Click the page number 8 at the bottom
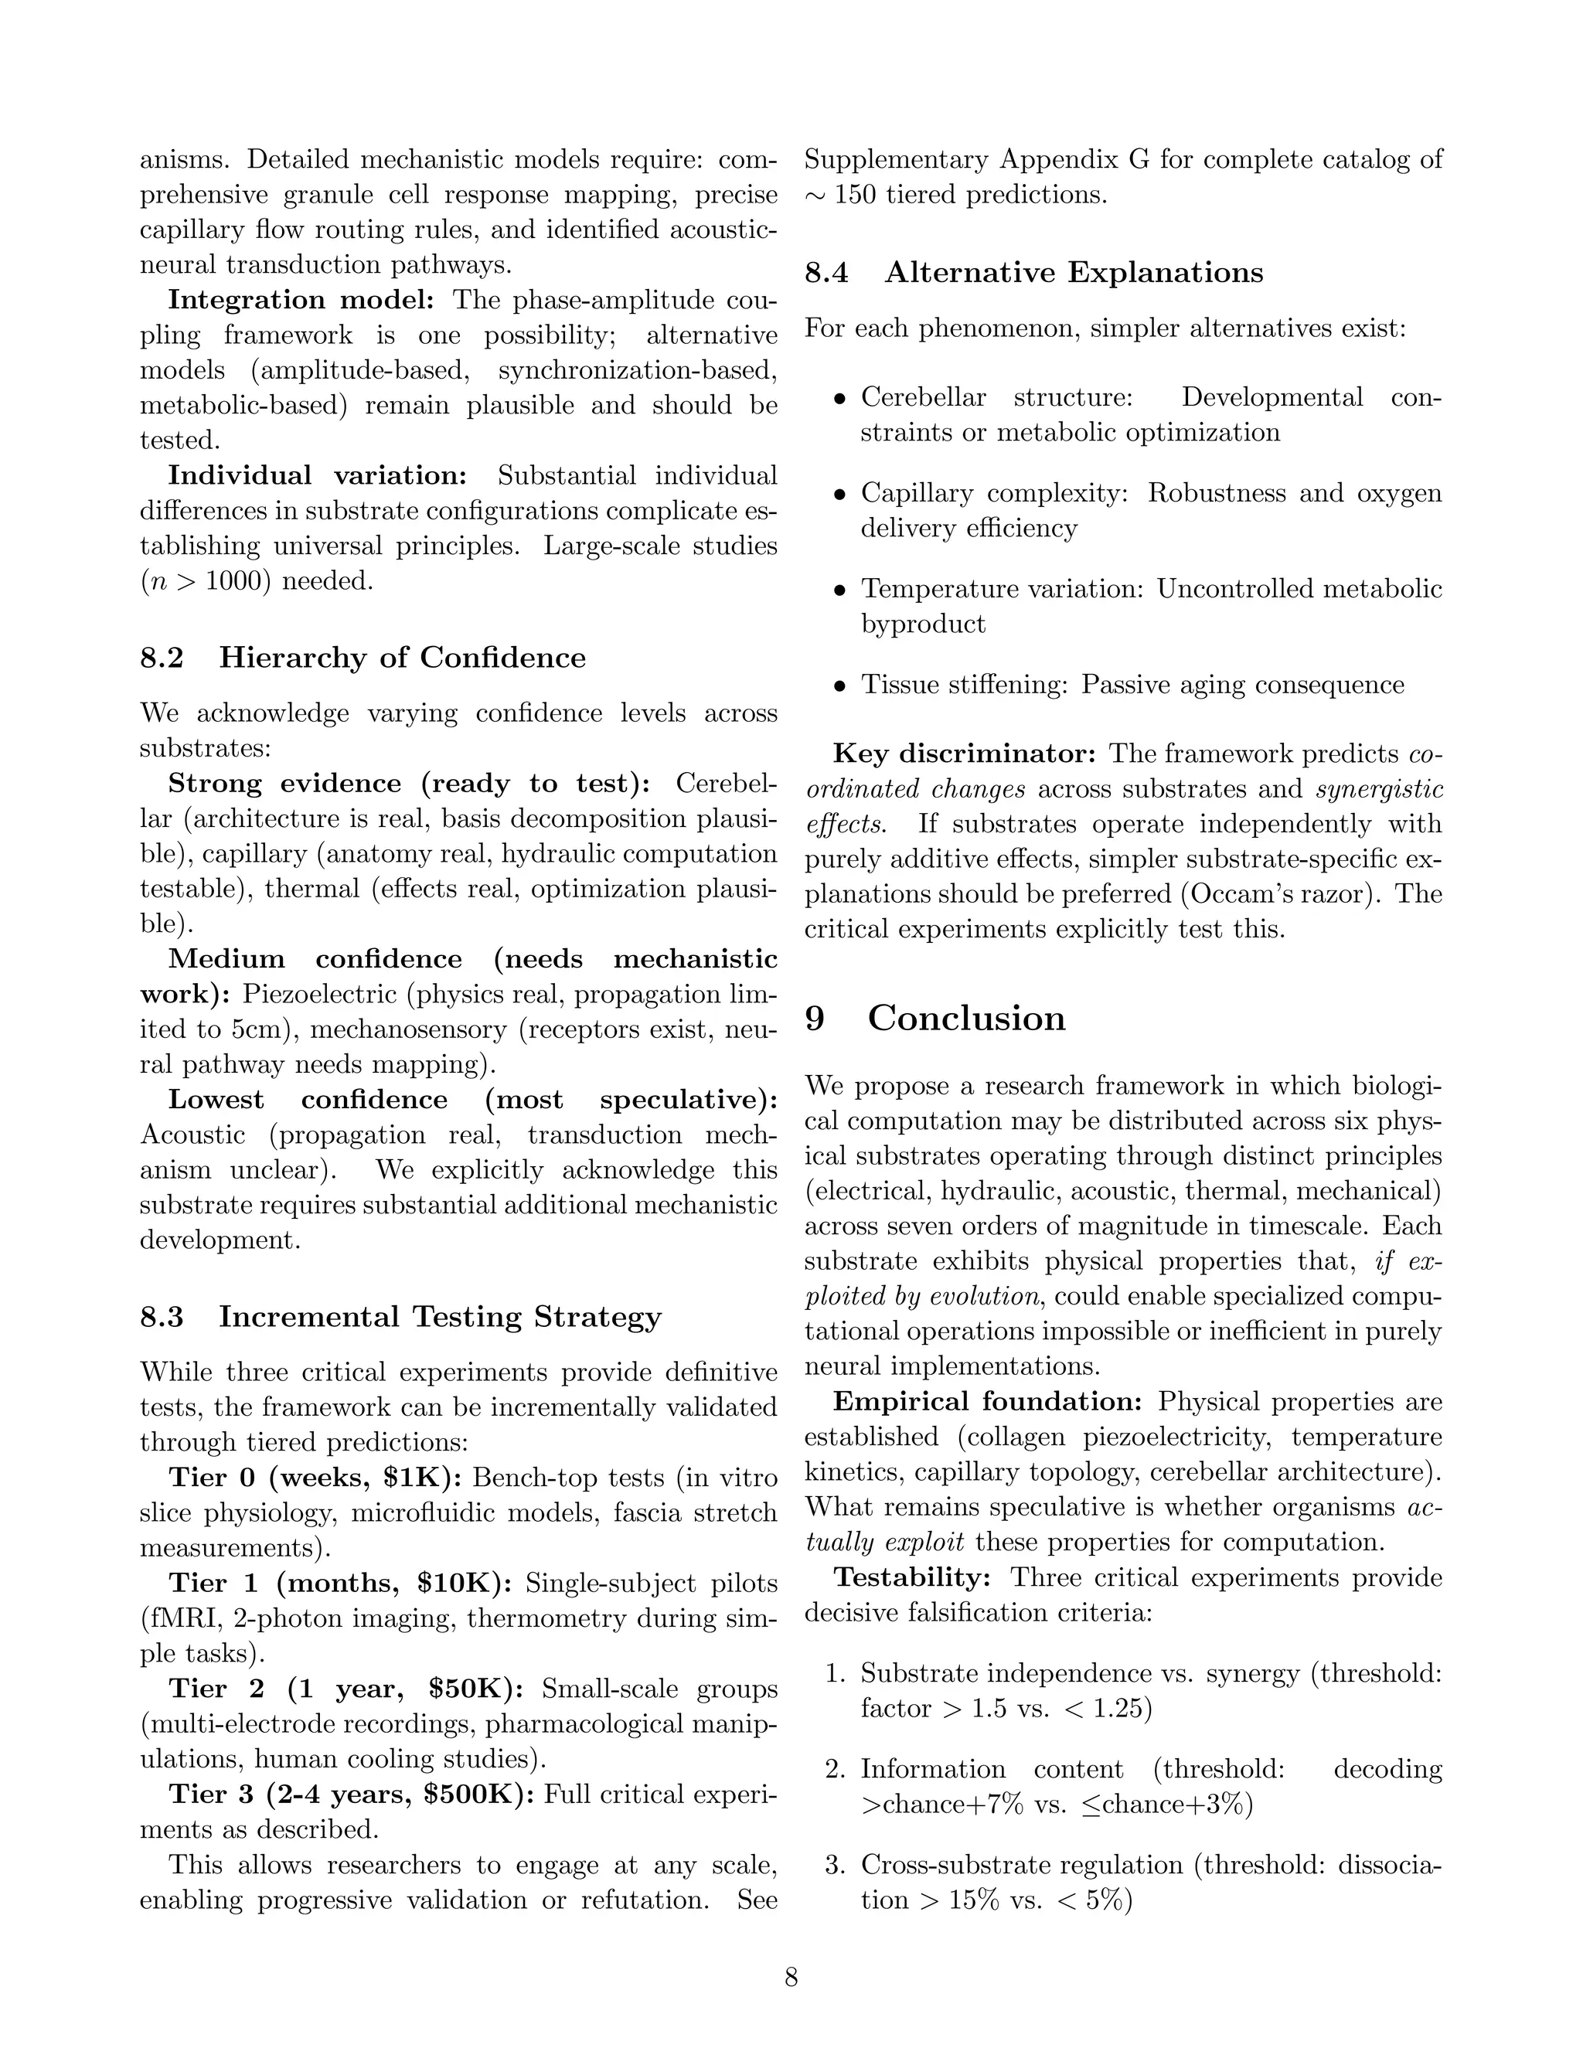(x=791, y=1978)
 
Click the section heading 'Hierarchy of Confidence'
(x=401, y=658)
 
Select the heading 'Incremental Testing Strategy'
(x=440, y=1317)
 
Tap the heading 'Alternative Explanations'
(x=1073, y=273)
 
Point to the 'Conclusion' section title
(x=966, y=1019)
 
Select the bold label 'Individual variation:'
(x=317, y=475)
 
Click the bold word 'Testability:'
(x=911, y=1577)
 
